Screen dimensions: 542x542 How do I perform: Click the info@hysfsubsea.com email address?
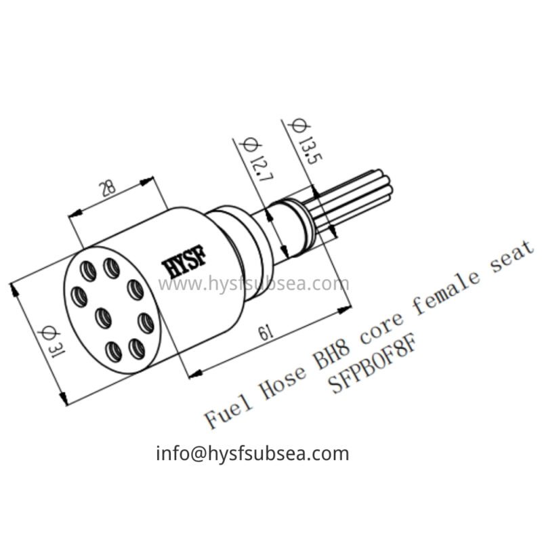tap(252, 453)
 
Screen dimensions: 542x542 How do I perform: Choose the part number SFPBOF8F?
tap(370, 367)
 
